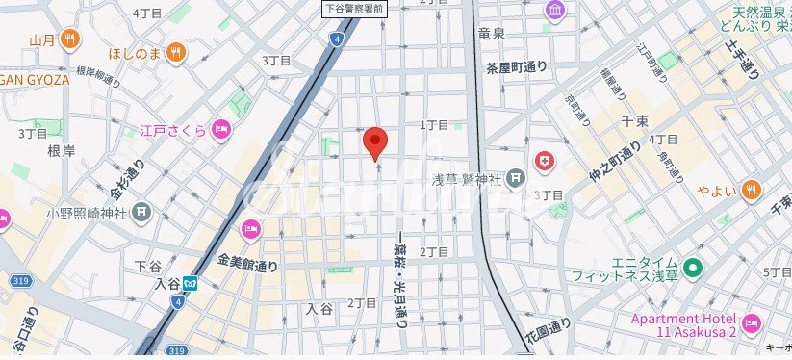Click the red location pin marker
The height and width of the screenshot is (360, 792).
pos(375,142)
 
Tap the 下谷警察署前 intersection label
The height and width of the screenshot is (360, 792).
pos(353,8)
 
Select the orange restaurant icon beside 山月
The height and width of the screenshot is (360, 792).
pos(69,39)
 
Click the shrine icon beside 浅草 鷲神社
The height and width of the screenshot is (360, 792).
pos(516,177)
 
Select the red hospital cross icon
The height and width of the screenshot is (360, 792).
pos(545,161)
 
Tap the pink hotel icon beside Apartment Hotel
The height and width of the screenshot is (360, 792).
pos(752,320)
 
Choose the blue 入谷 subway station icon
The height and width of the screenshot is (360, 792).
pos(192,283)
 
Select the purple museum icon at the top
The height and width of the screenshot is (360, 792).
pos(556,11)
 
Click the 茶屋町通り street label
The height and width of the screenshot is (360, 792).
pos(516,66)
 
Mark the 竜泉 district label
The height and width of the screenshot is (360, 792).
pos(491,33)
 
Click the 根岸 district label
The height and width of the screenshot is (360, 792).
pos(61,150)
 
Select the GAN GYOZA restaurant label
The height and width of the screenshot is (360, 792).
pos(35,80)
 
